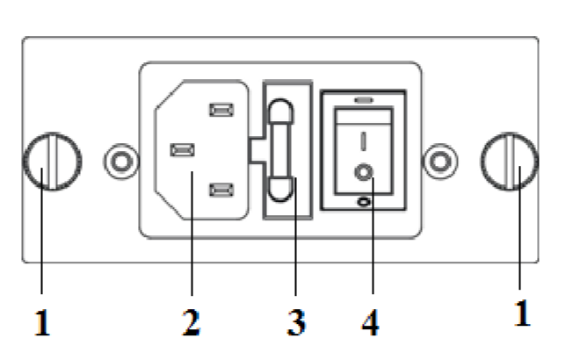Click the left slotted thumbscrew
click(52, 162)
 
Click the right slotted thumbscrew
click(510, 162)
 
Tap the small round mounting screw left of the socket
click(121, 162)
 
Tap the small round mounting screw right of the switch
click(439, 162)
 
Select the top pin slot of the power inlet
click(221, 110)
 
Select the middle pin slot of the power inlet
click(183, 150)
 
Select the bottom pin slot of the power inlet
click(221, 190)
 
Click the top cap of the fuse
click(280, 112)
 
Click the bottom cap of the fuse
click(280, 190)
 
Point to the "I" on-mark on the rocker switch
click(364, 141)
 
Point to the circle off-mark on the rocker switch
click(364, 172)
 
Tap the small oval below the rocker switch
click(364, 202)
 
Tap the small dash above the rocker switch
click(364, 100)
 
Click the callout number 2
click(192, 322)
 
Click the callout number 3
click(296, 322)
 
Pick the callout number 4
click(370, 322)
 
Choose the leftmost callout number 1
click(42, 322)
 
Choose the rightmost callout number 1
click(522, 313)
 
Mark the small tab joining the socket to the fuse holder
click(257, 150)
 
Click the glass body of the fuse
click(280, 150)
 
